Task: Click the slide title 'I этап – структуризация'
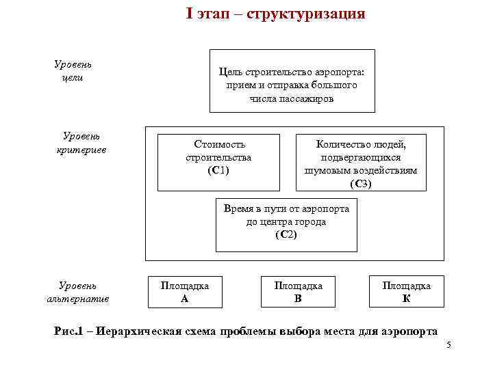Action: [x=275, y=14]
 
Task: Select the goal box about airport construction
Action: [x=292, y=81]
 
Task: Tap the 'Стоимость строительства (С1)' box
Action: [x=218, y=162]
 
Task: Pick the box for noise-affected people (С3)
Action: [x=361, y=162]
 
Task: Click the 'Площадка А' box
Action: [x=184, y=292]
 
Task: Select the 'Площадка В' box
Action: [x=298, y=292]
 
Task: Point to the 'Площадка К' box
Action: [x=406, y=292]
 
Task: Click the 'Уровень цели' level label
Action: [x=73, y=70]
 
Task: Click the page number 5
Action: [x=448, y=346]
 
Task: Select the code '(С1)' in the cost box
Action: [x=218, y=169]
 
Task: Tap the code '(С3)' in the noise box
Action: [x=361, y=183]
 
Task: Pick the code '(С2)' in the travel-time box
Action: [x=286, y=234]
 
